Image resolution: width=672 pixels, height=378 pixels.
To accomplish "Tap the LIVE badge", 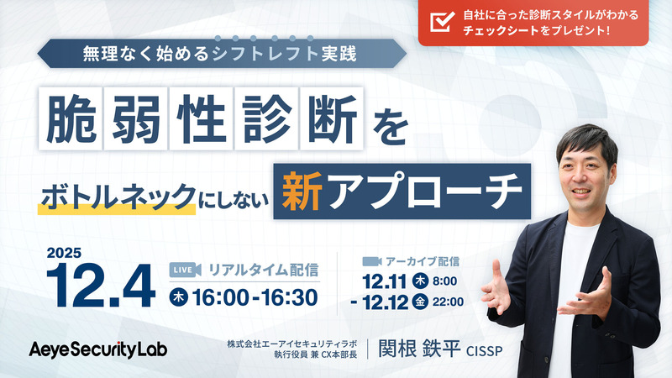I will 185,270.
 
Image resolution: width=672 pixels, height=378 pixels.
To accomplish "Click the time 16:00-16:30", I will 255,297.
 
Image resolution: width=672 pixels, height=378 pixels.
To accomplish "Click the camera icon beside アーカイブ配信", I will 372,260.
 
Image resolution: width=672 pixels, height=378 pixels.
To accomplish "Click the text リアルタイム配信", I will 264,270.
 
